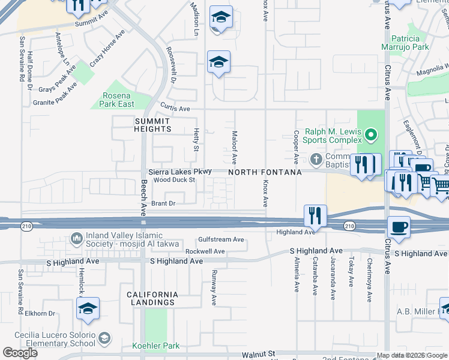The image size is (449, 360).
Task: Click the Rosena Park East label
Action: tap(118, 100)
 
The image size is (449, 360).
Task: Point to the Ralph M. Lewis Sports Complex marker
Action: tap(371, 134)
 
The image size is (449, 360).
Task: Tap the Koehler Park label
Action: tap(155, 346)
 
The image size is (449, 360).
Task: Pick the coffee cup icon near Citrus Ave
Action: tap(399, 227)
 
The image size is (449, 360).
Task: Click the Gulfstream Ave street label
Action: tap(221, 239)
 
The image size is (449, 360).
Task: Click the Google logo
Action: tap(20, 353)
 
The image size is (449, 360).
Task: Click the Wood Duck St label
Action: tap(175, 179)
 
